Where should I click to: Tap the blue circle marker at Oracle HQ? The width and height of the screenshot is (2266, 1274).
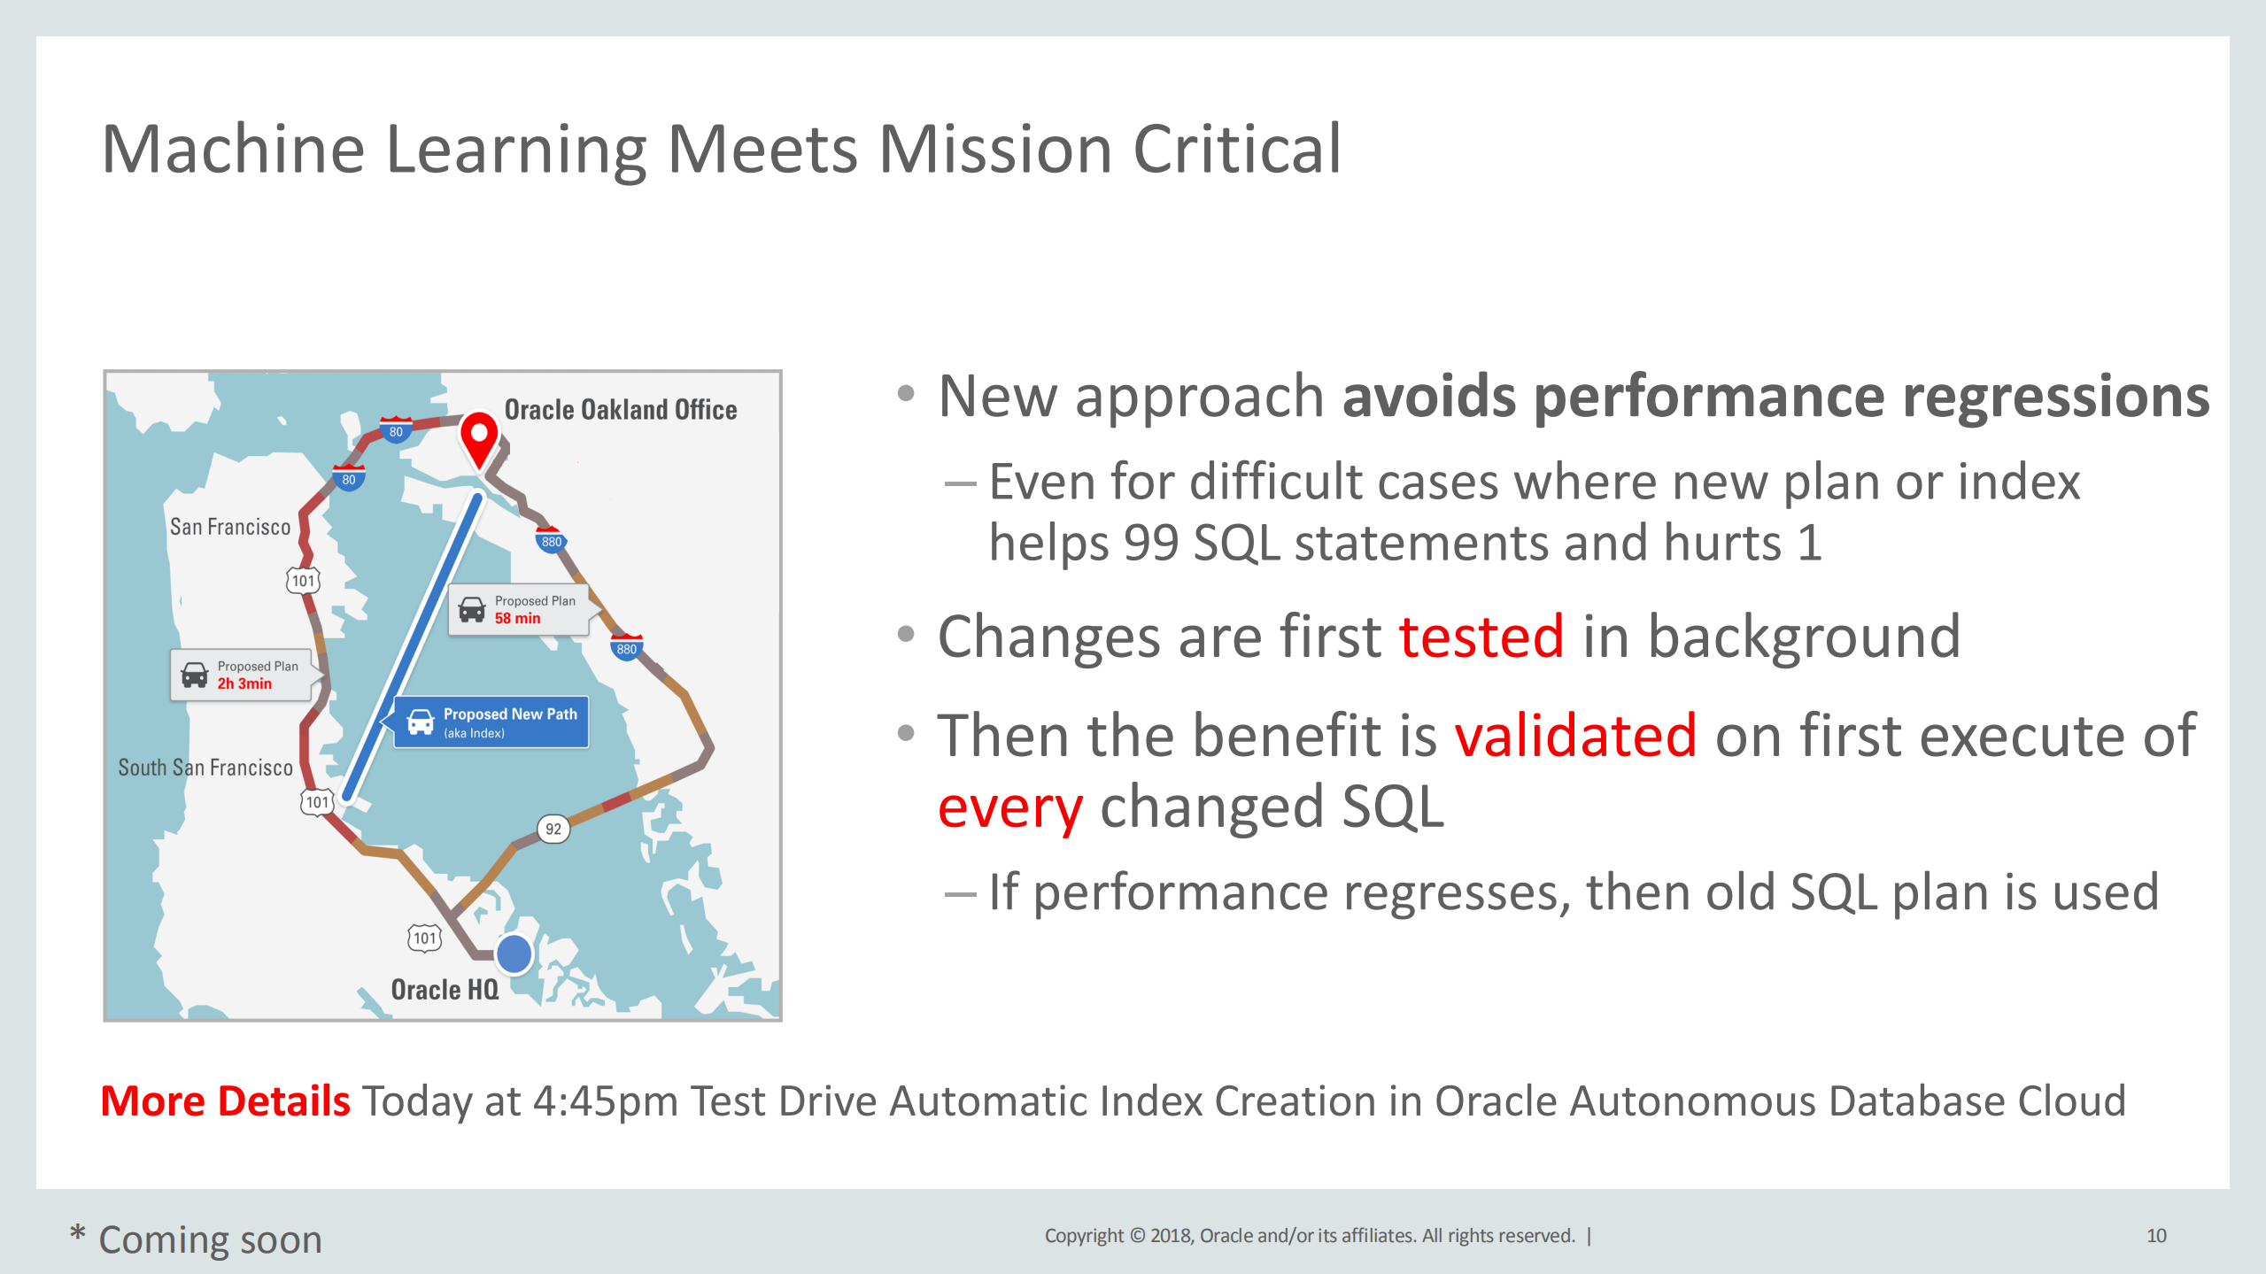pos(514,954)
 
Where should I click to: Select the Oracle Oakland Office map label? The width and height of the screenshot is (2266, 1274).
pos(621,410)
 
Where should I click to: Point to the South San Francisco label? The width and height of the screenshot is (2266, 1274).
pos(205,768)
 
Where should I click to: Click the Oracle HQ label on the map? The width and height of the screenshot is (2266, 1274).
pos(445,989)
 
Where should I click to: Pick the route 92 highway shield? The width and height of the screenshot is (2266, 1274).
pos(553,829)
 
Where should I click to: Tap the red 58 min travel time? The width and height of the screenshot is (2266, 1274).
pos(517,619)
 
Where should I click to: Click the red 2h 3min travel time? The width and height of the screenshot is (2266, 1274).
pos(244,683)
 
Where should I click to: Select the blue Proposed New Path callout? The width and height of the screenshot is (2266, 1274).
pos(491,722)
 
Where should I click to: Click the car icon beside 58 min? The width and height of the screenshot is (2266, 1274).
pos(472,609)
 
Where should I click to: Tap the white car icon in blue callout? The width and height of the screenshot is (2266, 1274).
pos(420,722)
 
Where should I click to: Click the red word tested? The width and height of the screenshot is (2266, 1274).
pos(1481,637)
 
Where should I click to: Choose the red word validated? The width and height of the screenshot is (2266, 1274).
pos(1575,735)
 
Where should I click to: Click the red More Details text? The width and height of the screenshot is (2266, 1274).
pos(226,1101)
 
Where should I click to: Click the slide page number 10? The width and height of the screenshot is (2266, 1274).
pos(2156,1236)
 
